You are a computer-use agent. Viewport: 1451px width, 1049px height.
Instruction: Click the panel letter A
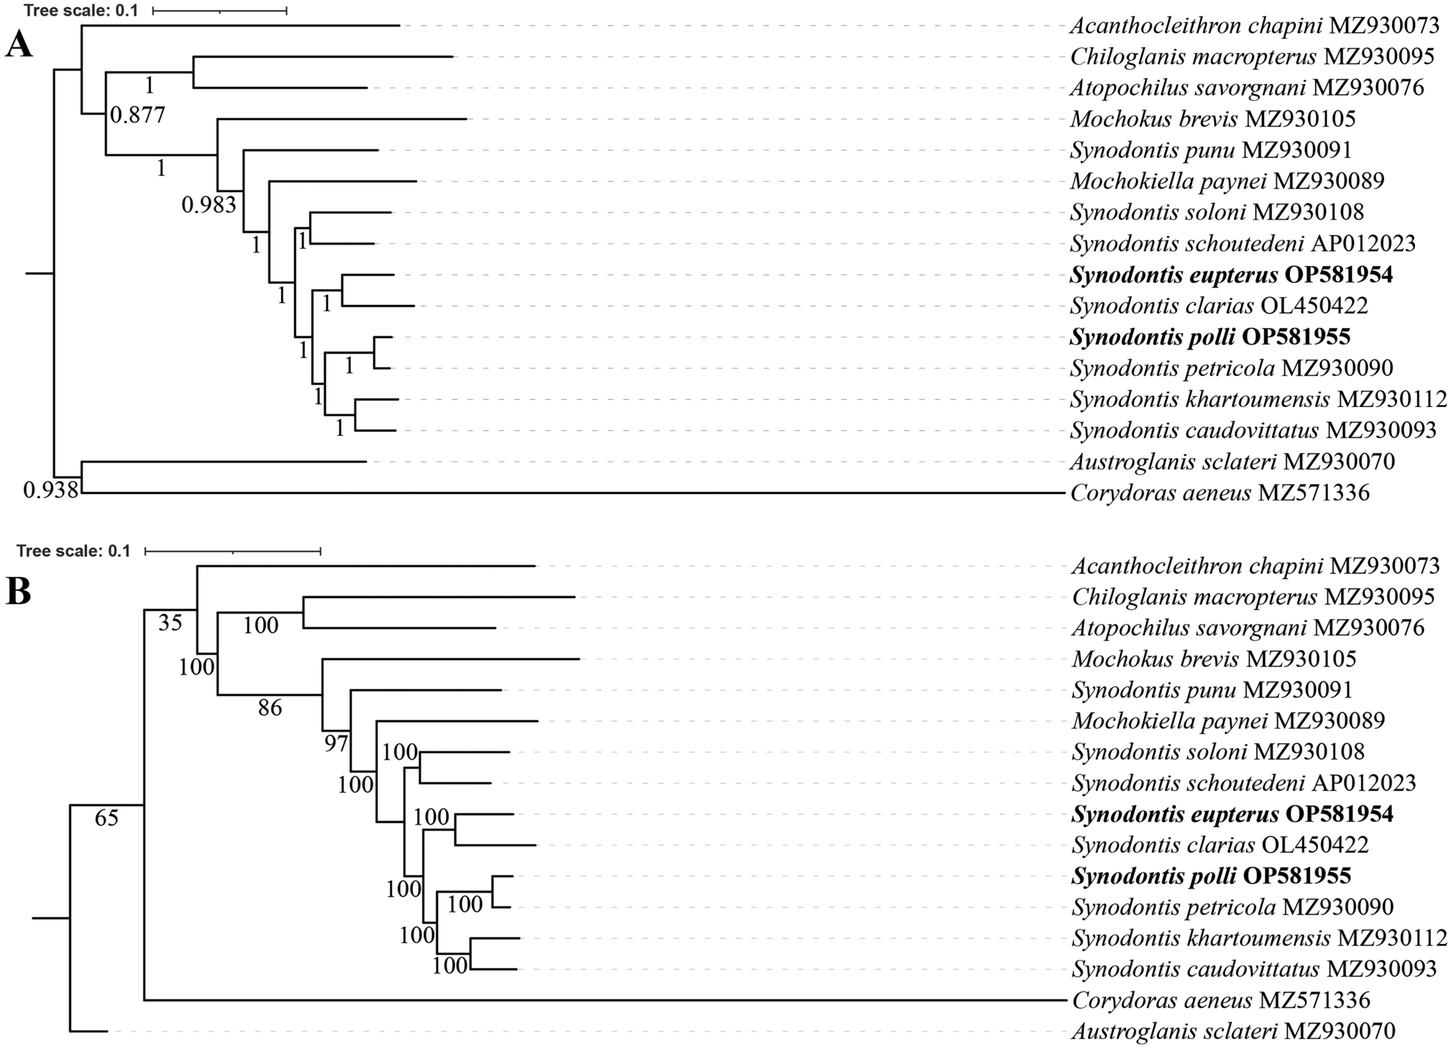click(x=19, y=47)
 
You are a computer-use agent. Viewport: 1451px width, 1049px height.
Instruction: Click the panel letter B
click(x=19, y=592)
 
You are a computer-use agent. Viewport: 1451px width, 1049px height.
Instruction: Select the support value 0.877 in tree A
click(x=137, y=115)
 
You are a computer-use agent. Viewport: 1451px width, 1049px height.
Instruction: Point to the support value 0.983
click(x=209, y=206)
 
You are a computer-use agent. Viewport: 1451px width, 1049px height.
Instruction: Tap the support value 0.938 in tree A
click(x=50, y=491)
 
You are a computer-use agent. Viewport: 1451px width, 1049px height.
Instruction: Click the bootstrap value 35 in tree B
click(x=170, y=623)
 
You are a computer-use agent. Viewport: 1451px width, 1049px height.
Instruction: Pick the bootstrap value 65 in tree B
click(x=106, y=818)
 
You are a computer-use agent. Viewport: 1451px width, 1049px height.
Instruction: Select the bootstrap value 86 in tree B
click(x=270, y=709)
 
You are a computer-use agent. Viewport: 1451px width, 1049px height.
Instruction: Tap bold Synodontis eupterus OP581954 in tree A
click(x=1230, y=275)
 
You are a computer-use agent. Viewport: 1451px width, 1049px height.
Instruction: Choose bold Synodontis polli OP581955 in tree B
click(x=1211, y=876)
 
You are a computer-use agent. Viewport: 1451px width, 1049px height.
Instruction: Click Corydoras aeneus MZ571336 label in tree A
click(x=1219, y=493)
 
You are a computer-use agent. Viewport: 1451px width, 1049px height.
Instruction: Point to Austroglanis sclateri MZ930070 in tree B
click(x=1233, y=1032)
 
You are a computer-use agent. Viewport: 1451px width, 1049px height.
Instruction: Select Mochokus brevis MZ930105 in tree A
click(x=1212, y=119)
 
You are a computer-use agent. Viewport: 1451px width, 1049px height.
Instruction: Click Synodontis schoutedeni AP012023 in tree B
click(x=1243, y=783)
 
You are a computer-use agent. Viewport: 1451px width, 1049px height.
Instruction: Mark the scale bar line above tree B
click(x=232, y=551)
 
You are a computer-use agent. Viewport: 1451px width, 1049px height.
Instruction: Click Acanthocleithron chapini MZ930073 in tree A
click(x=1254, y=26)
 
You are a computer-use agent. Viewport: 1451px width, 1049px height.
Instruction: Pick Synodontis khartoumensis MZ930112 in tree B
click(x=1259, y=938)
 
